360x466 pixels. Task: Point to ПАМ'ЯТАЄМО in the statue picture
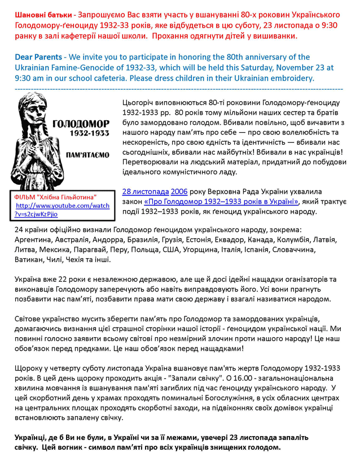[88, 154]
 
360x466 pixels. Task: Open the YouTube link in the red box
[62, 210]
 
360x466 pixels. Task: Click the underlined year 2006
[180, 191]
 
